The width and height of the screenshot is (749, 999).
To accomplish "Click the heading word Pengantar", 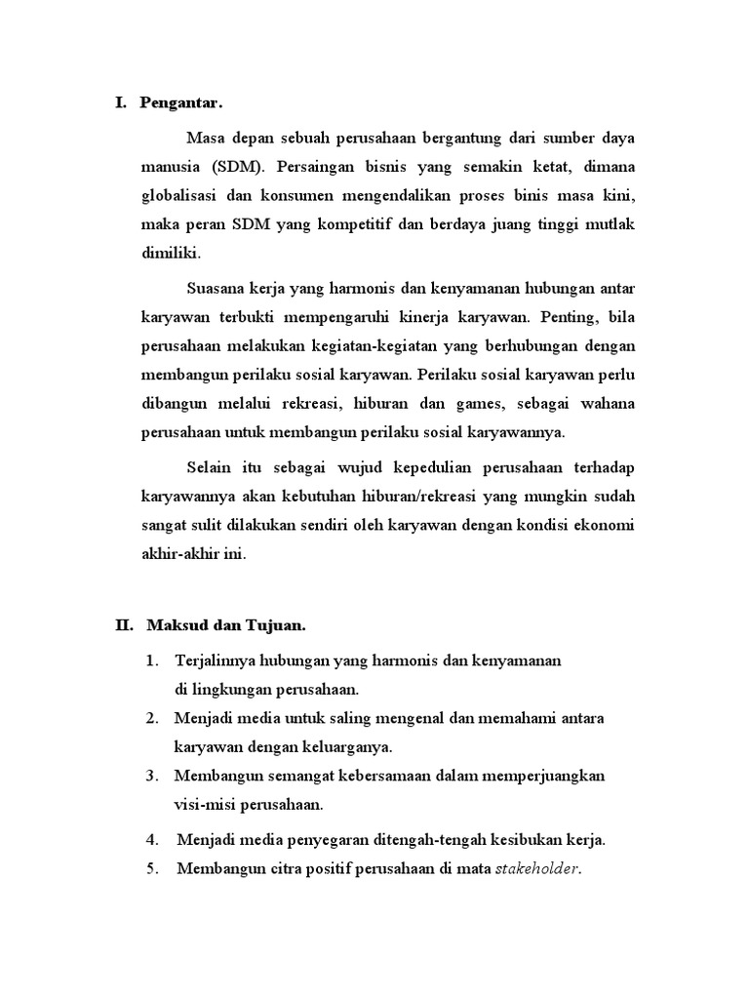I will click(181, 102).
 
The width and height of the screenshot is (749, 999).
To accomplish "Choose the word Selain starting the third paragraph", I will click(209, 467).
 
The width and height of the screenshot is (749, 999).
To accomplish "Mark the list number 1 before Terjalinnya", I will click(152, 661).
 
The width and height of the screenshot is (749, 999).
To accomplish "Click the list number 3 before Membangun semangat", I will click(152, 776).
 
